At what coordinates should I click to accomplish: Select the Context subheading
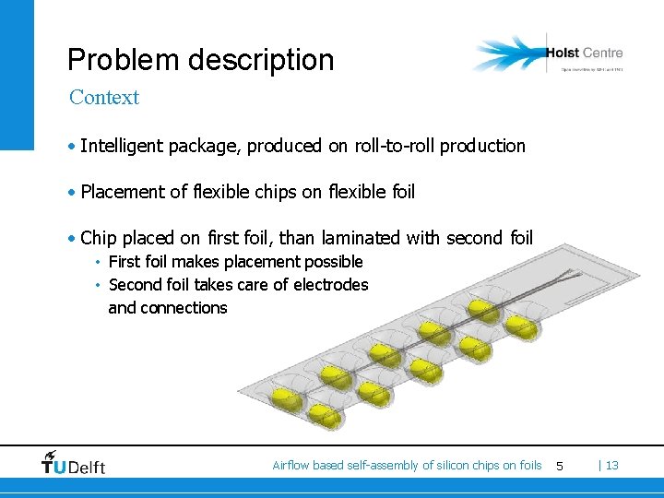104,97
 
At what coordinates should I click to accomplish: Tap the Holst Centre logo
548,54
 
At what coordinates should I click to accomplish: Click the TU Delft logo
74,463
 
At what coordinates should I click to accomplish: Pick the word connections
184,308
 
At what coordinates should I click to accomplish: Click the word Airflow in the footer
290,466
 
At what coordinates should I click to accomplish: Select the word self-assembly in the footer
382,466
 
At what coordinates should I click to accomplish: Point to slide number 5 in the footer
559,466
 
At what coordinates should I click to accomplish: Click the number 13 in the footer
611,466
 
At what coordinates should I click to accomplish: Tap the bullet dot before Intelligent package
72,147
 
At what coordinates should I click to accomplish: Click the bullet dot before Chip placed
72,239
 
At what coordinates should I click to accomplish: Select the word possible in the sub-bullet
334,262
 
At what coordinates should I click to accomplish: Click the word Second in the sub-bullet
135,285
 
